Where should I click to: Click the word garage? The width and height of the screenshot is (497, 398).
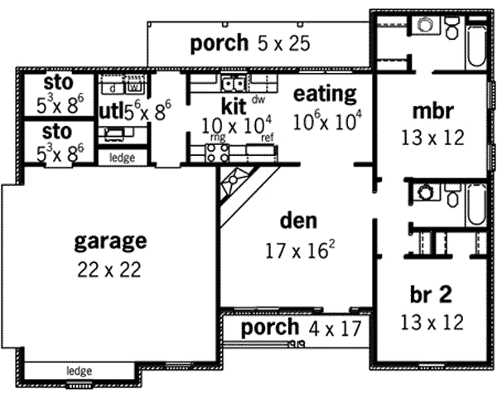tap(110, 241)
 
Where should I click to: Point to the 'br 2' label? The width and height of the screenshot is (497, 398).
tap(430, 295)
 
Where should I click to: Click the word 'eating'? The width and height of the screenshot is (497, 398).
tap(325, 94)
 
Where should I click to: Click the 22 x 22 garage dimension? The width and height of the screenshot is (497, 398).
tap(110, 269)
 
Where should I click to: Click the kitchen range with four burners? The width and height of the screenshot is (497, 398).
tap(217, 152)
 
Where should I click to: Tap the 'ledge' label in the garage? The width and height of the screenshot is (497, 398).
tap(80, 371)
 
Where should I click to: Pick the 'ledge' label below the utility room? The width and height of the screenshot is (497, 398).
tap(122, 156)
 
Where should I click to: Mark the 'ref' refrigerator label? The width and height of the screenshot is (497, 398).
tap(267, 138)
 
